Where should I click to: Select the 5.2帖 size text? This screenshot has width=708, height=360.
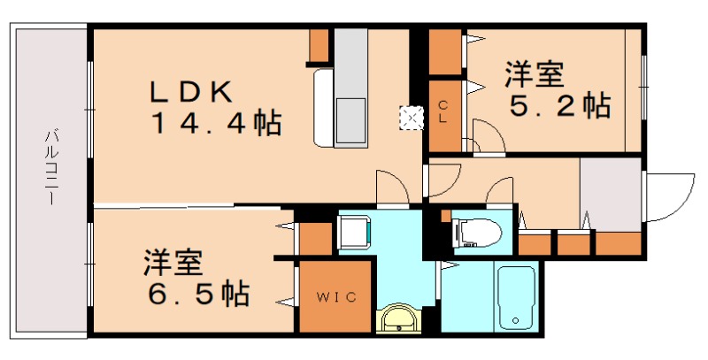point(559,106)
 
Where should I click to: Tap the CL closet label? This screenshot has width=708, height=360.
point(444,113)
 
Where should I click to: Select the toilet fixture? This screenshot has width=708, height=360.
point(473,233)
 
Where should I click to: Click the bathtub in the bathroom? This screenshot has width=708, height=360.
point(514,297)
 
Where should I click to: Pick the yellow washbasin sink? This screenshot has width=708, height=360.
point(400,318)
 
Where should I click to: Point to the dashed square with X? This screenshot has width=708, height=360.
point(410,116)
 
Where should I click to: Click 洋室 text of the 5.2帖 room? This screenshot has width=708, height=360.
point(535,74)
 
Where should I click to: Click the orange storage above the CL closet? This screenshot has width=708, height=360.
point(445,53)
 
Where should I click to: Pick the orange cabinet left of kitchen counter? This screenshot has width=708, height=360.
point(319,47)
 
